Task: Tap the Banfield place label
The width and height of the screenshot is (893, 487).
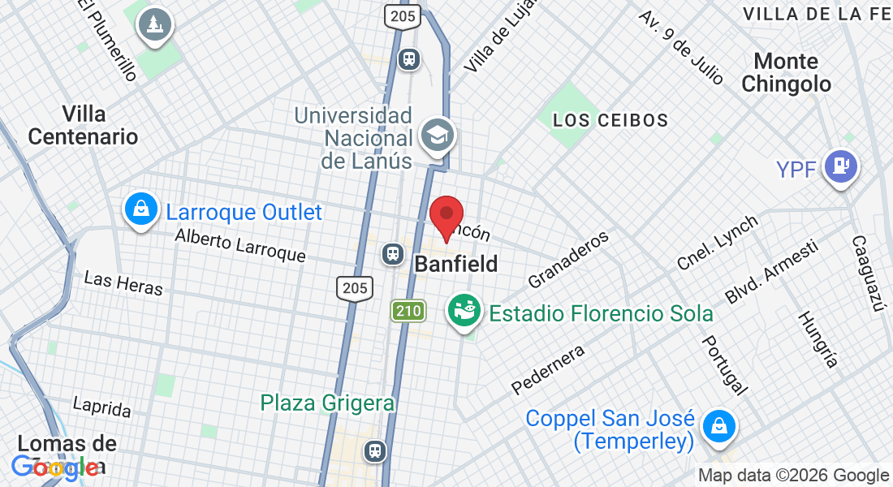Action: (455, 264)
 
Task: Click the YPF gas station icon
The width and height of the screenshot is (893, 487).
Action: (841, 166)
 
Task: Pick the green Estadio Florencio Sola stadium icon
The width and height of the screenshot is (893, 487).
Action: (464, 312)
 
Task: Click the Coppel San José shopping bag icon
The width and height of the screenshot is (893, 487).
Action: (718, 425)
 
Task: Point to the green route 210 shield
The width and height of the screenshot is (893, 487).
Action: (408, 310)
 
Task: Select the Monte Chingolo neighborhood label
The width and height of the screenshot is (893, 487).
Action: (786, 72)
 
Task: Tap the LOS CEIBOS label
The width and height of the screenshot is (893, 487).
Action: (610, 120)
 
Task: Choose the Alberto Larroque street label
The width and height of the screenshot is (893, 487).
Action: (240, 246)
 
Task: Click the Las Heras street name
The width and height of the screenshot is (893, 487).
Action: (123, 282)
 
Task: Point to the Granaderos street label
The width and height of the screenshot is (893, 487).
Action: (568, 260)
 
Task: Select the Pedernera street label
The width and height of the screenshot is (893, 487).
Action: (548, 369)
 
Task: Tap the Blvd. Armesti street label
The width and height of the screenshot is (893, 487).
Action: (770, 273)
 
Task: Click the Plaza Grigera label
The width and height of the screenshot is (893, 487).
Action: (327, 402)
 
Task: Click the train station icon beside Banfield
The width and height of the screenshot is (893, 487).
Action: (393, 254)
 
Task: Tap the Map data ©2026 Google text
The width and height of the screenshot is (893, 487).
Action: (793, 476)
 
